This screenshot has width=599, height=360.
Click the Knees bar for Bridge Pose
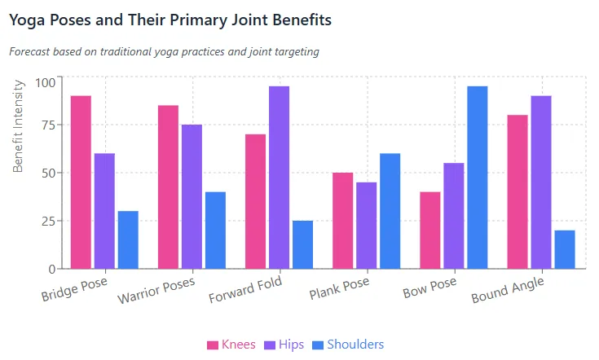pos(81,182)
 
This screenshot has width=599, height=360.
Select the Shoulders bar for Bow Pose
pos(477,178)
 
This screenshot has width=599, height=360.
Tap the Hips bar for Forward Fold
pos(279,178)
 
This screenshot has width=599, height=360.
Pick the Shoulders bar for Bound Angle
pos(565,249)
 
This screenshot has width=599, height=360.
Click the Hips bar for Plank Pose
pos(367,226)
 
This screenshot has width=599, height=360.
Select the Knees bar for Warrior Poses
pos(168,187)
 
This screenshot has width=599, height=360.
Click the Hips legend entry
pos(284,345)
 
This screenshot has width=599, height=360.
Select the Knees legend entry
pos(231,345)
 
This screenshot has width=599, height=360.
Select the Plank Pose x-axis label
pos(338,290)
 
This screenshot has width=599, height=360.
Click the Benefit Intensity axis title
pos(19,126)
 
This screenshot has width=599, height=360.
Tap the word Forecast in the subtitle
pos(33,51)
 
